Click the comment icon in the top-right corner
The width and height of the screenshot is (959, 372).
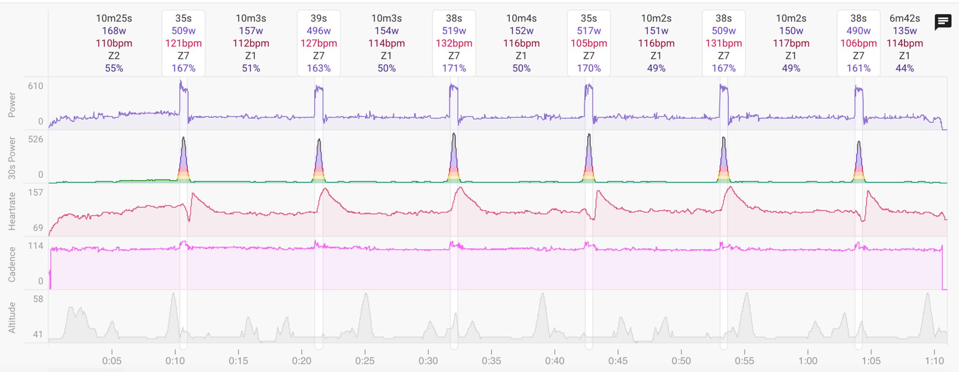pyautogui.click(x=943, y=22)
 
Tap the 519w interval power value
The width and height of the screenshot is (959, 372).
pyautogui.click(x=454, y=31)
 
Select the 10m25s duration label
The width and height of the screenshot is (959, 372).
pyautogui.click(x=114, y=18)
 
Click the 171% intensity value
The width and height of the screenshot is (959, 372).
pyautogui.click(x=454, y=68)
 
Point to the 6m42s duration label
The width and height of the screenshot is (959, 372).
pyautogui.click(x=904, y=18)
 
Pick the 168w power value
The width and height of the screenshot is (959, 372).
pyautogui.click(x=114, y=31)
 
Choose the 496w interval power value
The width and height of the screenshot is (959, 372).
pyautogui.click(x=318, y=31)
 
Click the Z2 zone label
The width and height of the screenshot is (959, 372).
pyautogui.click(x=114, y=56)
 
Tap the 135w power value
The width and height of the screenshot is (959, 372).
pyautogui.click(x=904, y=31)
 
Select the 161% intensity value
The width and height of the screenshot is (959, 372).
pyautogui.click(x=858, y=68)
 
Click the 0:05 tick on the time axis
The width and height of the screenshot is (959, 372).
pyautogui.click(x=111, y=361)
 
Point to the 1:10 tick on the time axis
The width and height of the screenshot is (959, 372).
pyautogui.click(x=934, y=361)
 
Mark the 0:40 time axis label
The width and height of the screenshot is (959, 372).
pyautogui.click(x=554, y=361)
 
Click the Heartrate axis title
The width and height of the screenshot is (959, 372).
pyautogui.click(x=12, y=211)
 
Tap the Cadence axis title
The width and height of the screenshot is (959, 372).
pyautogui.click(x=12, y=264)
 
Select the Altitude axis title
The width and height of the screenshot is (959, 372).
pyautogui.click(x=12, y=318)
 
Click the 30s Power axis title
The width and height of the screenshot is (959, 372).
pyautogui.click(x=12, y=158)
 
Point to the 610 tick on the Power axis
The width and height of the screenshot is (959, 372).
pyautogui.click(x=36, y=86)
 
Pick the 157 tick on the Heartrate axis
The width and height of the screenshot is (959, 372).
pyautogui.click(x=36, y=193)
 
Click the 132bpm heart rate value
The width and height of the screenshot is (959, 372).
pyautogui.click(x=454, y=44)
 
